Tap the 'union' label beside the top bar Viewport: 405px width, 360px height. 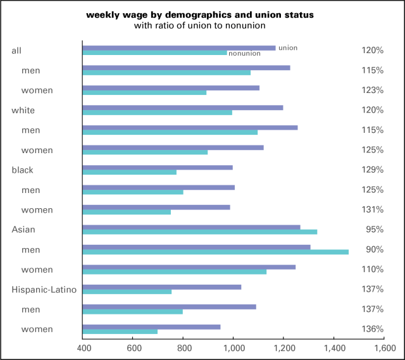288,47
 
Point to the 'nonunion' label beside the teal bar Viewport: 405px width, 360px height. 244,54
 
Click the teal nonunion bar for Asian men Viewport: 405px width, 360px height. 215,252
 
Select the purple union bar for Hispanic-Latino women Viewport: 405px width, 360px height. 151,326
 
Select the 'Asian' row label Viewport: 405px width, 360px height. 23,230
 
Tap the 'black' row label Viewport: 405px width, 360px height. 23,170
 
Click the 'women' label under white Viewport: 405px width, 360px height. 37,150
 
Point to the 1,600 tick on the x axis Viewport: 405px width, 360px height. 383,349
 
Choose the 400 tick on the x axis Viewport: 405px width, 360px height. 83,349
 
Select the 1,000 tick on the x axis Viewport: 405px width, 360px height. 234,349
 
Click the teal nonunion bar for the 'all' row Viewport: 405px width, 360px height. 154,53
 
